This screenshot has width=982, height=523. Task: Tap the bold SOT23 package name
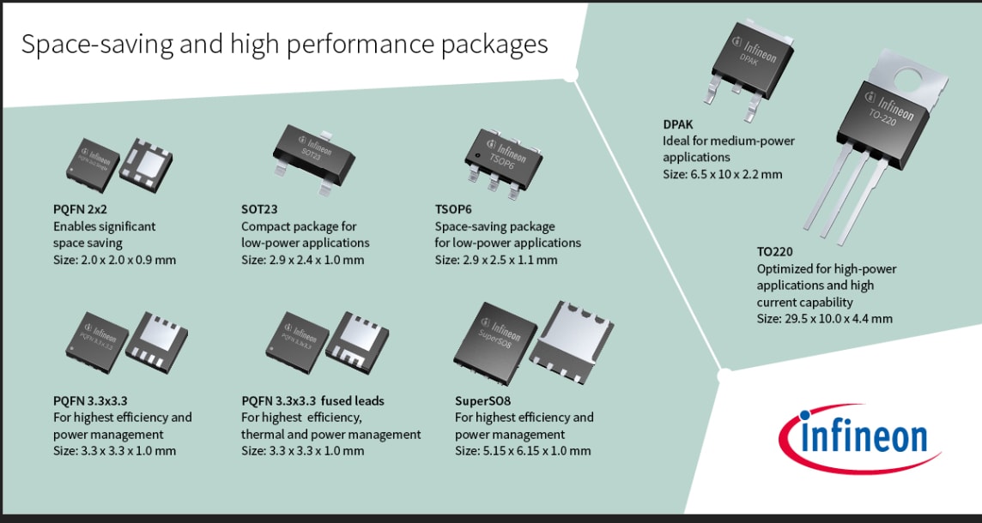(x=259, y=209)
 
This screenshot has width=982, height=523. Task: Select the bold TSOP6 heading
(x=454, y=209)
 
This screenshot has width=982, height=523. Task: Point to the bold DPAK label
(x=678, y=124)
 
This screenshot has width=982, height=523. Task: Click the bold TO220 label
(x=774, y=252)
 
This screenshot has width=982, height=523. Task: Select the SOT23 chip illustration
(x=313, y=152)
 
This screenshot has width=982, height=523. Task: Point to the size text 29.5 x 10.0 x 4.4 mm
(x=824, y=318)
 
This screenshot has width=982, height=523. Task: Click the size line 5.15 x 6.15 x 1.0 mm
(x=523, y=451)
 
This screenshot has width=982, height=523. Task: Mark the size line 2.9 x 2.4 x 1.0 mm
(x=302, y=260)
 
